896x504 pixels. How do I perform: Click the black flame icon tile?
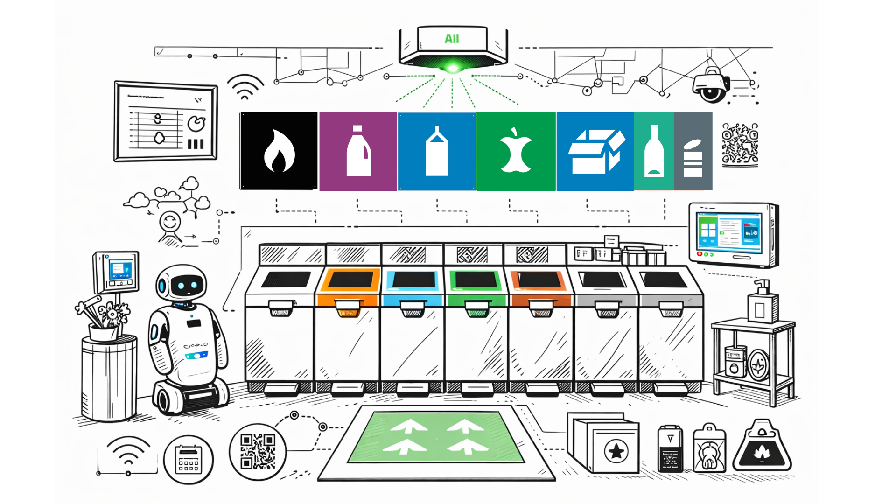(279, 151)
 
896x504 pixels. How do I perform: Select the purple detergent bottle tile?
(358, 151)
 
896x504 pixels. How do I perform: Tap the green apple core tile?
(516, 151)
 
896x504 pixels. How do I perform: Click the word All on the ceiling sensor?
(452, 39)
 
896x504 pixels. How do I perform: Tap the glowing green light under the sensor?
(452, 68)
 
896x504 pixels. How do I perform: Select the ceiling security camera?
(711, 85)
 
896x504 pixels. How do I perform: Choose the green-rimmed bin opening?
(476, 280)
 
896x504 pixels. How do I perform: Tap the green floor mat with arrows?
(436, 437)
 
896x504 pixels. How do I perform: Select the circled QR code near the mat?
(258, 451)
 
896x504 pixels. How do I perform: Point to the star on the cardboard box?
(616, 451)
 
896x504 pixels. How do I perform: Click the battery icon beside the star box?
(670, 449)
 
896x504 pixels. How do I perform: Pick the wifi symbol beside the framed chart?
(245, 87)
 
